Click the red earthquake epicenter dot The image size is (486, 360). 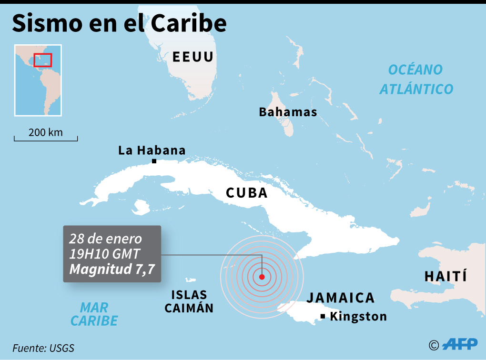(x=262, y=276)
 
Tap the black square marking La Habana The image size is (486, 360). (x=154, y=161)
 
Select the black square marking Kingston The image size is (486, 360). (x=323, y=317)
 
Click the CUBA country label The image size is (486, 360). (x=246, y=193)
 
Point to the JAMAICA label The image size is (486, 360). (x=340, y=298)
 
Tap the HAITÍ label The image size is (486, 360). (x=445, y=276)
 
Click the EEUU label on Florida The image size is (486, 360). (x=193, y=57)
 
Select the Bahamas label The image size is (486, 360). (x=288, y=112)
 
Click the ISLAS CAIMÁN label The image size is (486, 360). (x=189, y=301)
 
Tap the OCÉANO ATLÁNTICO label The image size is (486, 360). (x=416, y=79)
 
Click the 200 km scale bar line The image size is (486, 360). (x=46, y=140)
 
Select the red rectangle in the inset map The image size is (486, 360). (x=42, y=60)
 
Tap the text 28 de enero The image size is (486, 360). (x=105, y=239)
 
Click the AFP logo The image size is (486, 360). (x=460, y=344)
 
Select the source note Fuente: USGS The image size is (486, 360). (x=43, y=348)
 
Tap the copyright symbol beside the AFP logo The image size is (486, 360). (x=434, y=345)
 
